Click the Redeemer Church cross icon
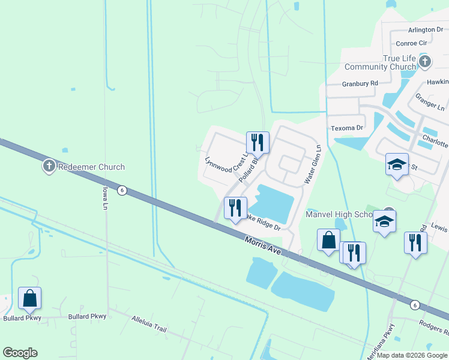coord(49,166)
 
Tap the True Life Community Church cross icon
coord(425,61)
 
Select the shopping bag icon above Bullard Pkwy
coord(29,298)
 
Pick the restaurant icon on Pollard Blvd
coord(257,143)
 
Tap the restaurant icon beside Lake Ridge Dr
coord(235,208)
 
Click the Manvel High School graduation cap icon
coord(385,223)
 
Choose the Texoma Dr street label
coord(348,128)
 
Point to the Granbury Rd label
coord(360,83)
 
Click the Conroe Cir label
coord(411,43)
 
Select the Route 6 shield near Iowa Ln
coord(122,190)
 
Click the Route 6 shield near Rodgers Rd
coord(414,305)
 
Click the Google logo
coord(20,353)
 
